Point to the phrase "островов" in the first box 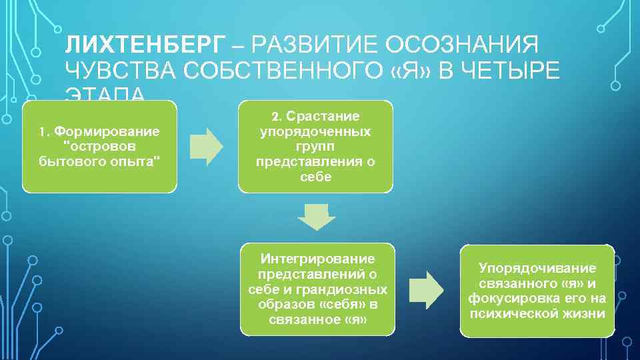100,145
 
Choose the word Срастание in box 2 323,117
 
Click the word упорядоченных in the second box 315,132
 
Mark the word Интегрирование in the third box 317,259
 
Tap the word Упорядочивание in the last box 537,268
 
